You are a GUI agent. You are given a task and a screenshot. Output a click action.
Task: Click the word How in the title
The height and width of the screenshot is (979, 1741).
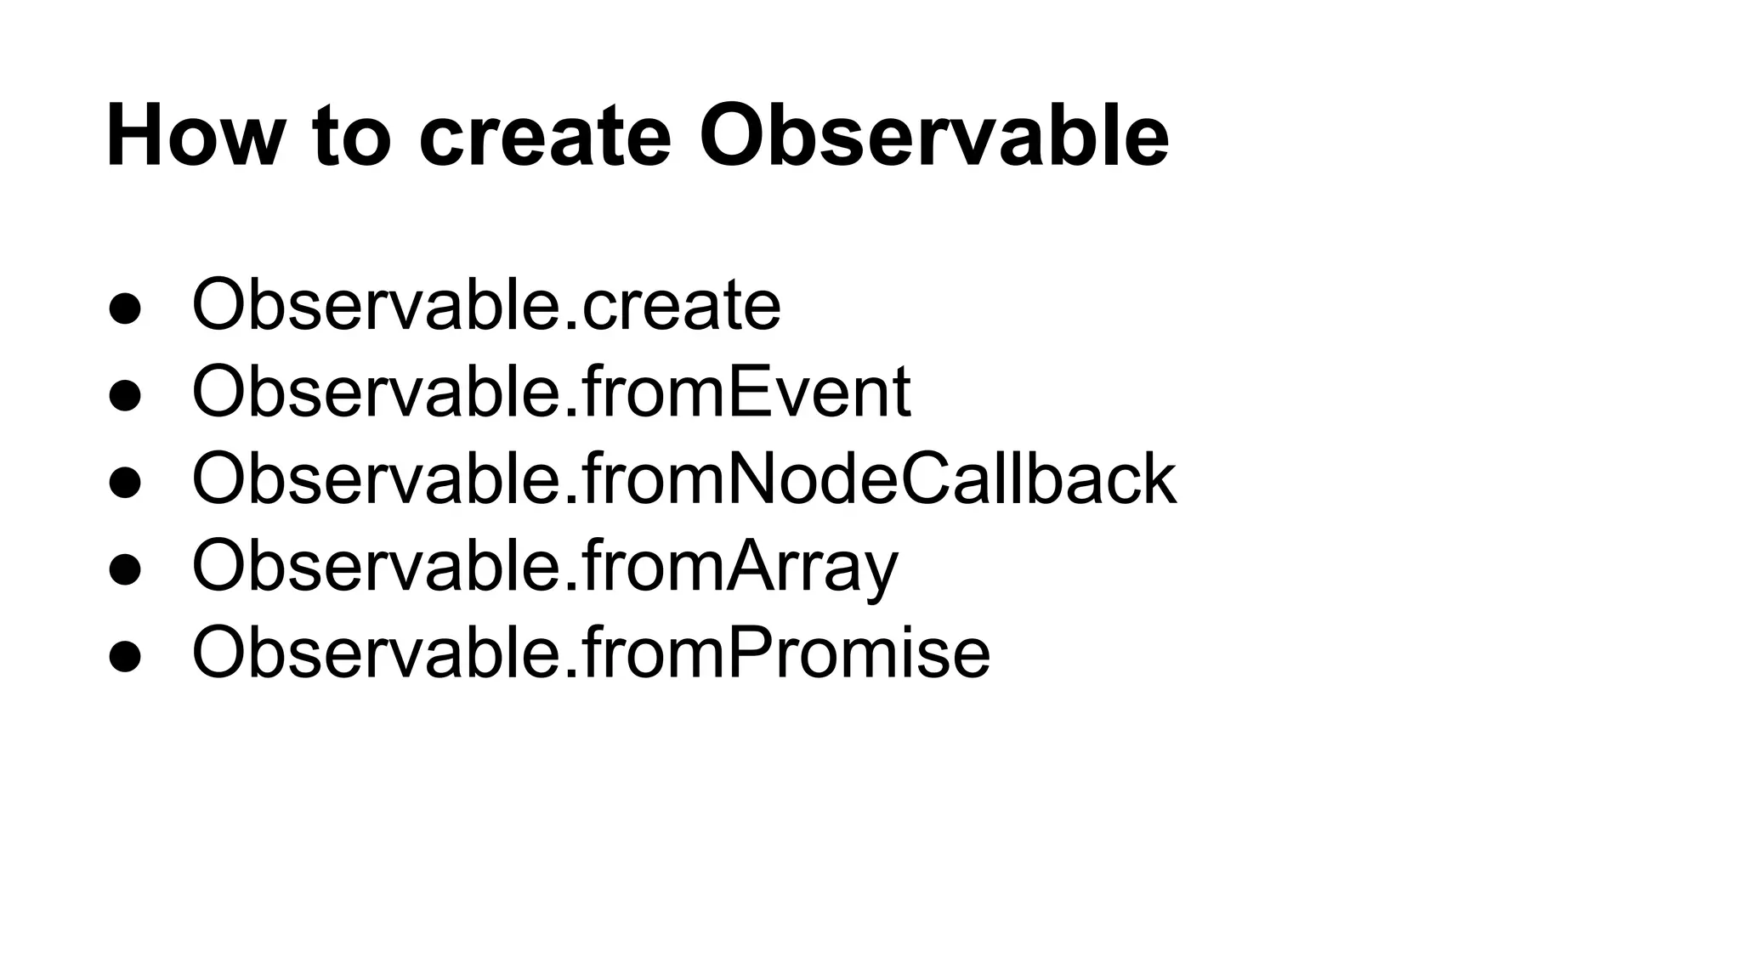(x=191, y=136)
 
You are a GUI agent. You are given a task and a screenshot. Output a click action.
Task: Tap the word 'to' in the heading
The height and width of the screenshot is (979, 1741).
(x=352, y=136)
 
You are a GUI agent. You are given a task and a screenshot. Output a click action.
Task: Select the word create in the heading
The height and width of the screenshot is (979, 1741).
(x=545, y=136)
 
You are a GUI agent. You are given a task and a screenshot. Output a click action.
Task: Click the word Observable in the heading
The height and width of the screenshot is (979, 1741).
(x=933, y=136)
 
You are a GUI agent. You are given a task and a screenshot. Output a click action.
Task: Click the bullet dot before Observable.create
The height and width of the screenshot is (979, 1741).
(x=125, y=308)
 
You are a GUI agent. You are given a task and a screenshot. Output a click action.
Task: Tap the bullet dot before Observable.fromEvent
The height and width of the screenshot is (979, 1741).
(x=125, y=395)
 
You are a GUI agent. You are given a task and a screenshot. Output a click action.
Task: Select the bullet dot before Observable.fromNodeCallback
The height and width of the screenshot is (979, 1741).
(x=125, y=482)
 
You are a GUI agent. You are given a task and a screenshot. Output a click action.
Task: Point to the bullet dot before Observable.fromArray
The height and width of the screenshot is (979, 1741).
(x=125, y=569)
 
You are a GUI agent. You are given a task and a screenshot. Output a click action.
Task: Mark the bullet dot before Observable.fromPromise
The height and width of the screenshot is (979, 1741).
(x=125, y=655)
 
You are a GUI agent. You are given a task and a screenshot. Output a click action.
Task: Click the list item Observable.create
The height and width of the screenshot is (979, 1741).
(x=485, y=306)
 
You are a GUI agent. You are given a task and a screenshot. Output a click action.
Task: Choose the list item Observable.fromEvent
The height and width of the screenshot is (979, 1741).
(x=551, y=393)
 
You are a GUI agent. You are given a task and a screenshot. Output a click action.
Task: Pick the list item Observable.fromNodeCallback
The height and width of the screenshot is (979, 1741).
(x=683, y=479)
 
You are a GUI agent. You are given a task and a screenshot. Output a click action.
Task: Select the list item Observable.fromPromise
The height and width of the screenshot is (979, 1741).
(x=591, y=653)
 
